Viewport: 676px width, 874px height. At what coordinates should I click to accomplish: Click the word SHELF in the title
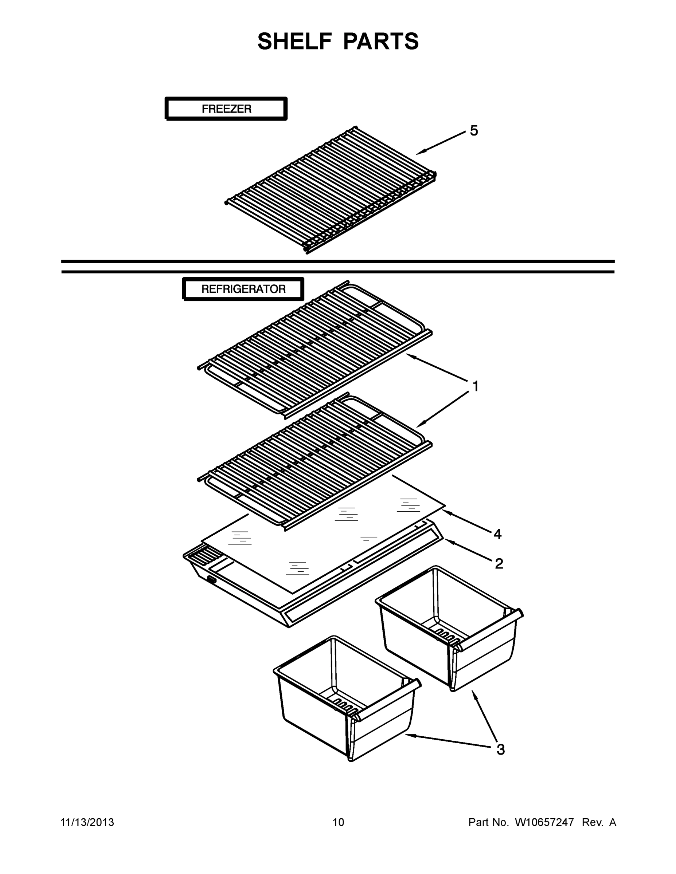(x=294, y=41)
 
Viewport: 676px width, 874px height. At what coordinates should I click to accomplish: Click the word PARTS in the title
(x=381, y=41)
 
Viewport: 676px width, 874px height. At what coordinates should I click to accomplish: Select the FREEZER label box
(x=226, y=109)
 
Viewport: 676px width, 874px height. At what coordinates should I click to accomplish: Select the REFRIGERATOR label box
(x=243, y=289)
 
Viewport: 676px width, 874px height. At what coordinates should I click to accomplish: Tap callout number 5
(x=474, y=131)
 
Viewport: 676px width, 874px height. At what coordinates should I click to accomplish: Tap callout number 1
(x=475, y=387)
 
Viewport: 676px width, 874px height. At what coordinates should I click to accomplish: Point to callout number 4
(x=497, y=534)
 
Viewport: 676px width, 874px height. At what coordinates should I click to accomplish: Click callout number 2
(x=499, y=563)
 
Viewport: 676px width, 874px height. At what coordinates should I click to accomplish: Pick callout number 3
(x=501, y=749)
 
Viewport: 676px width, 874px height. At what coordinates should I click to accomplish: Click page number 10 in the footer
(x=338, y=822)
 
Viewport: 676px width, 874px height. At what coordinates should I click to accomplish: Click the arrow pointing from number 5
(x=441, y=143)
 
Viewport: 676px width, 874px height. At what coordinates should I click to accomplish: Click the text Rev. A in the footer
(x=599, y=822)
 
